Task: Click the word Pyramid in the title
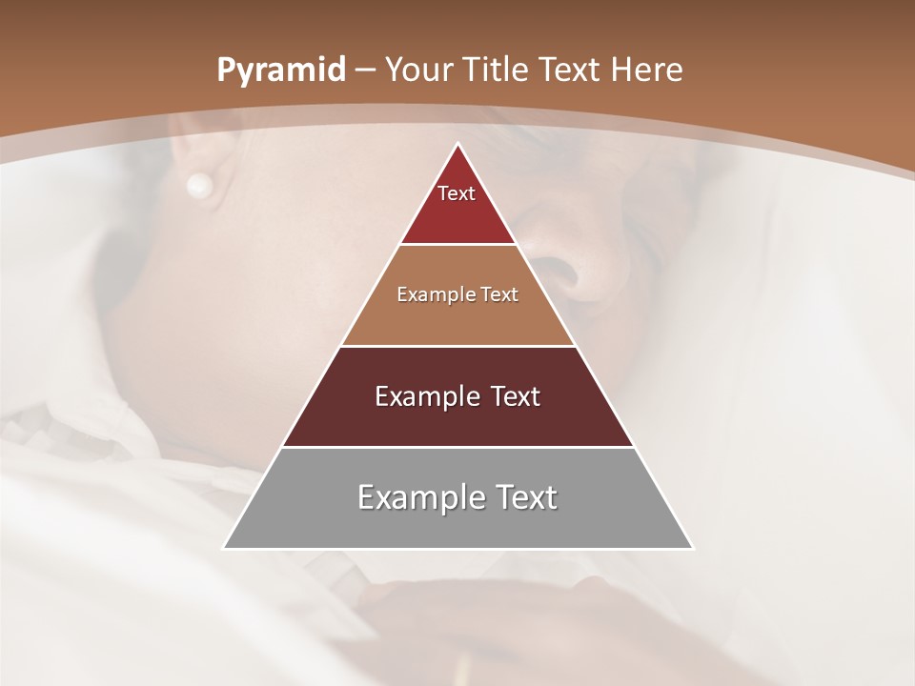[x=280, y=71]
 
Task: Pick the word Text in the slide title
[x=568, y=70]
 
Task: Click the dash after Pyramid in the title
[x=367, y=71]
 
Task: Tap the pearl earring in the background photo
[x=199, y=185]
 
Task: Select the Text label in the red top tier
[x=457, y=193]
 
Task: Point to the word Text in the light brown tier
[x=500, y=294]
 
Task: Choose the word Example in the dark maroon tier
[x=425, y=396]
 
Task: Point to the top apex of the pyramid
[x=458, y=145]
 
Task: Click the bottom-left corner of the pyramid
[x=224, y=548]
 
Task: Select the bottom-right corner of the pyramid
[x=692, y=548]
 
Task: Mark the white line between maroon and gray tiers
[x=458, y=447]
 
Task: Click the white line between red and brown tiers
[x=458, y=245]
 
